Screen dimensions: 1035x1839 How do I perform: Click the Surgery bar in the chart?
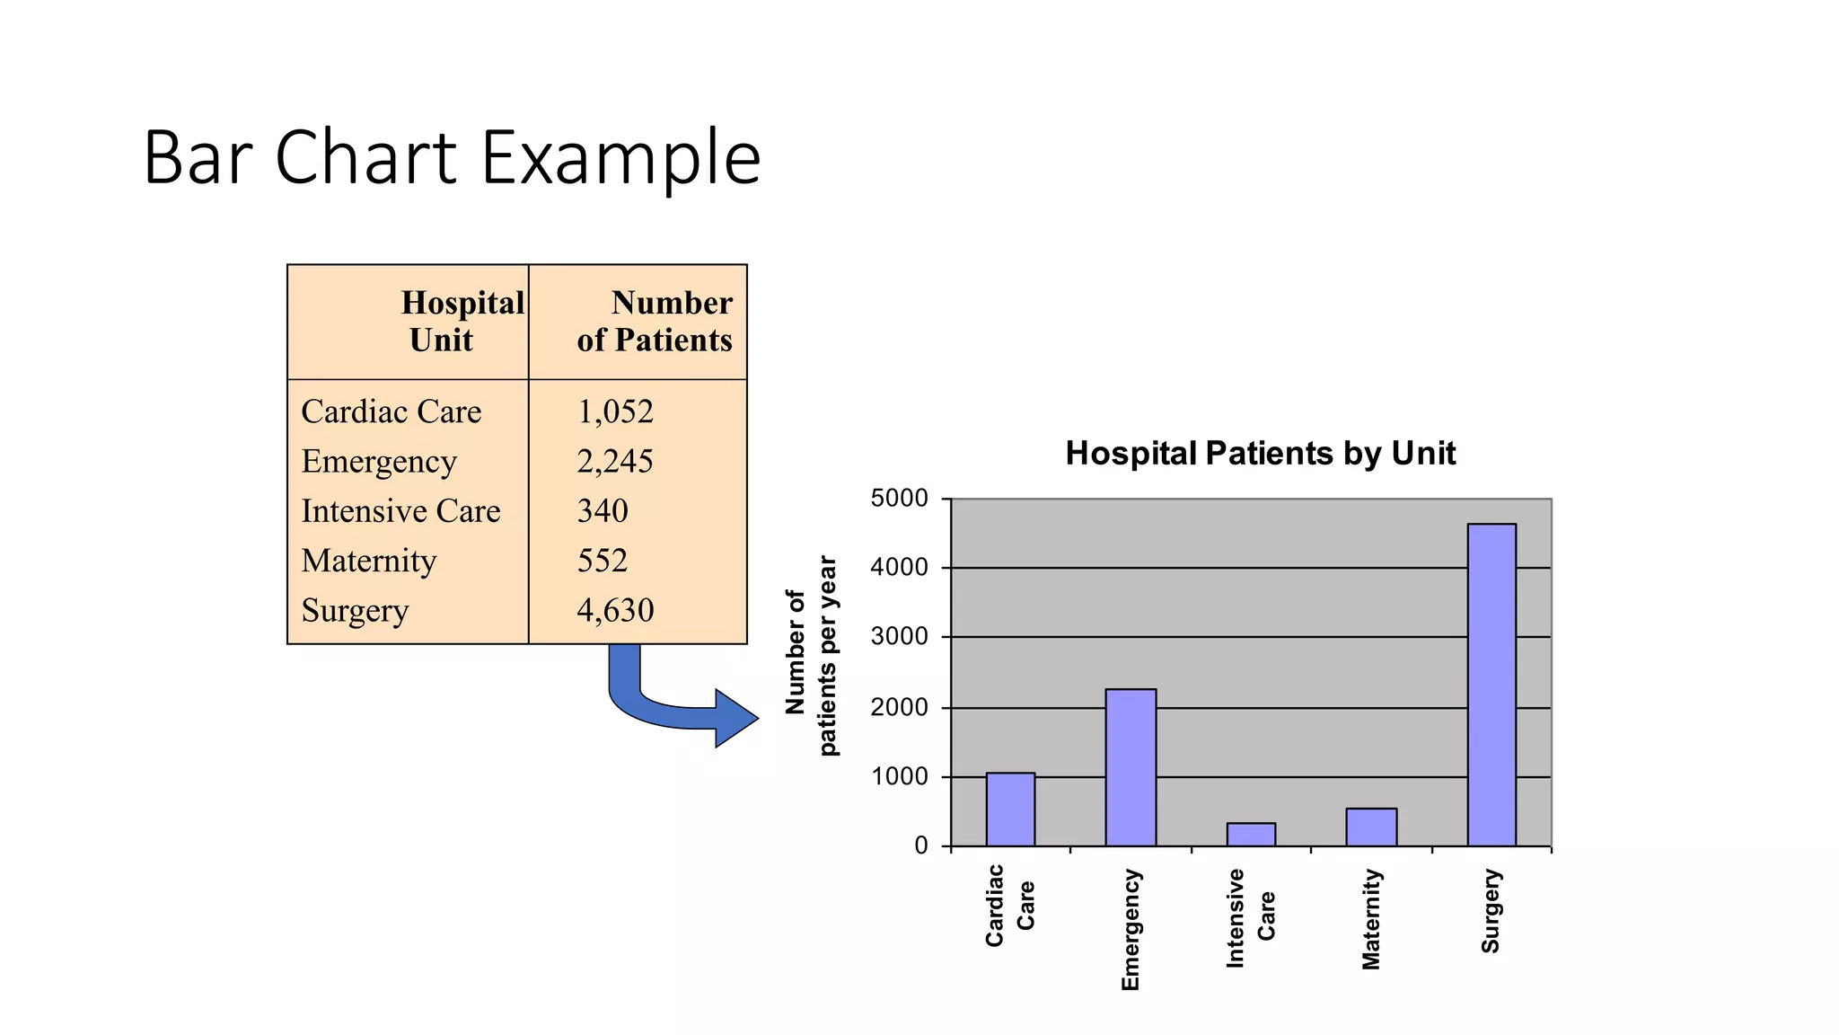point(1491,685)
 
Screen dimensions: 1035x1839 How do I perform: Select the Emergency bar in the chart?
point(1131,767)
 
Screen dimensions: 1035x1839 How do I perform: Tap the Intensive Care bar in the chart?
point(1251,835)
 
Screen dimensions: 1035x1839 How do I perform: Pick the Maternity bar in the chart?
point(1371,827)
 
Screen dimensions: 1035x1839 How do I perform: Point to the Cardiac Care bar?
point(1010,809)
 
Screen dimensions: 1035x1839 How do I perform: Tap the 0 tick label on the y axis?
point(921,846)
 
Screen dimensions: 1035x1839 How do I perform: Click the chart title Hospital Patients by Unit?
point(1260,454)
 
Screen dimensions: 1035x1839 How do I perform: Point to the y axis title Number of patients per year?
point(811,657)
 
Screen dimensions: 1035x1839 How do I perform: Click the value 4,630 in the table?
point(615,611)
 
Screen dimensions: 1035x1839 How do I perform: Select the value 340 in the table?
point(603,511)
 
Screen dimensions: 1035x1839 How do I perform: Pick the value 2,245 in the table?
point(615,462)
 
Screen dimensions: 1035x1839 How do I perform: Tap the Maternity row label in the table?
point(369,562)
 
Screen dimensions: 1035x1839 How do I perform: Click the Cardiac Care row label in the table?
point(392,412)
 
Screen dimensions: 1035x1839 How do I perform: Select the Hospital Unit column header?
point(462,322)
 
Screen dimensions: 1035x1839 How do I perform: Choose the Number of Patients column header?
point(655,322)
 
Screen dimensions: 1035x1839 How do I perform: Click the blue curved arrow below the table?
point(682,705)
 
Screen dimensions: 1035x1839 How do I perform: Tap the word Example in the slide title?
point(620,158)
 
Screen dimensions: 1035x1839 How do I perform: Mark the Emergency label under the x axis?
point(1131,930)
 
